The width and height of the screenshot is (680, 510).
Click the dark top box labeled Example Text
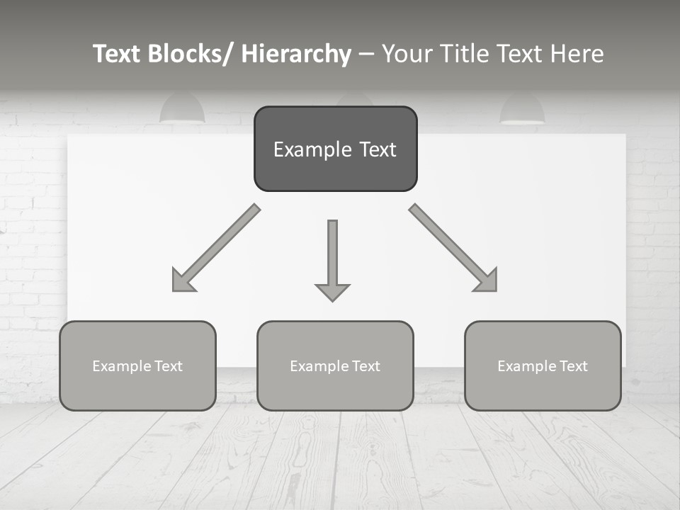[335, 149]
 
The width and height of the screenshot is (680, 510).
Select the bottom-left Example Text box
[137, 365]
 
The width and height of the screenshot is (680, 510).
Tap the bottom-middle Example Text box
[335, 365]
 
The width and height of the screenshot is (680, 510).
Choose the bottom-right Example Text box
[543, 365]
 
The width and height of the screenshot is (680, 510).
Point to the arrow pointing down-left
[216, 248]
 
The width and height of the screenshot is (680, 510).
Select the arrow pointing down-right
[453, 248]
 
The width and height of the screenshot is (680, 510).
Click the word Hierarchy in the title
[296, 54]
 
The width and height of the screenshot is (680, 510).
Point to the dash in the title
[366, 55]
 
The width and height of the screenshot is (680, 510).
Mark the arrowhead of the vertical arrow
[332, 291]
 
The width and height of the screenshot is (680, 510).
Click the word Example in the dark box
[302, 149]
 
